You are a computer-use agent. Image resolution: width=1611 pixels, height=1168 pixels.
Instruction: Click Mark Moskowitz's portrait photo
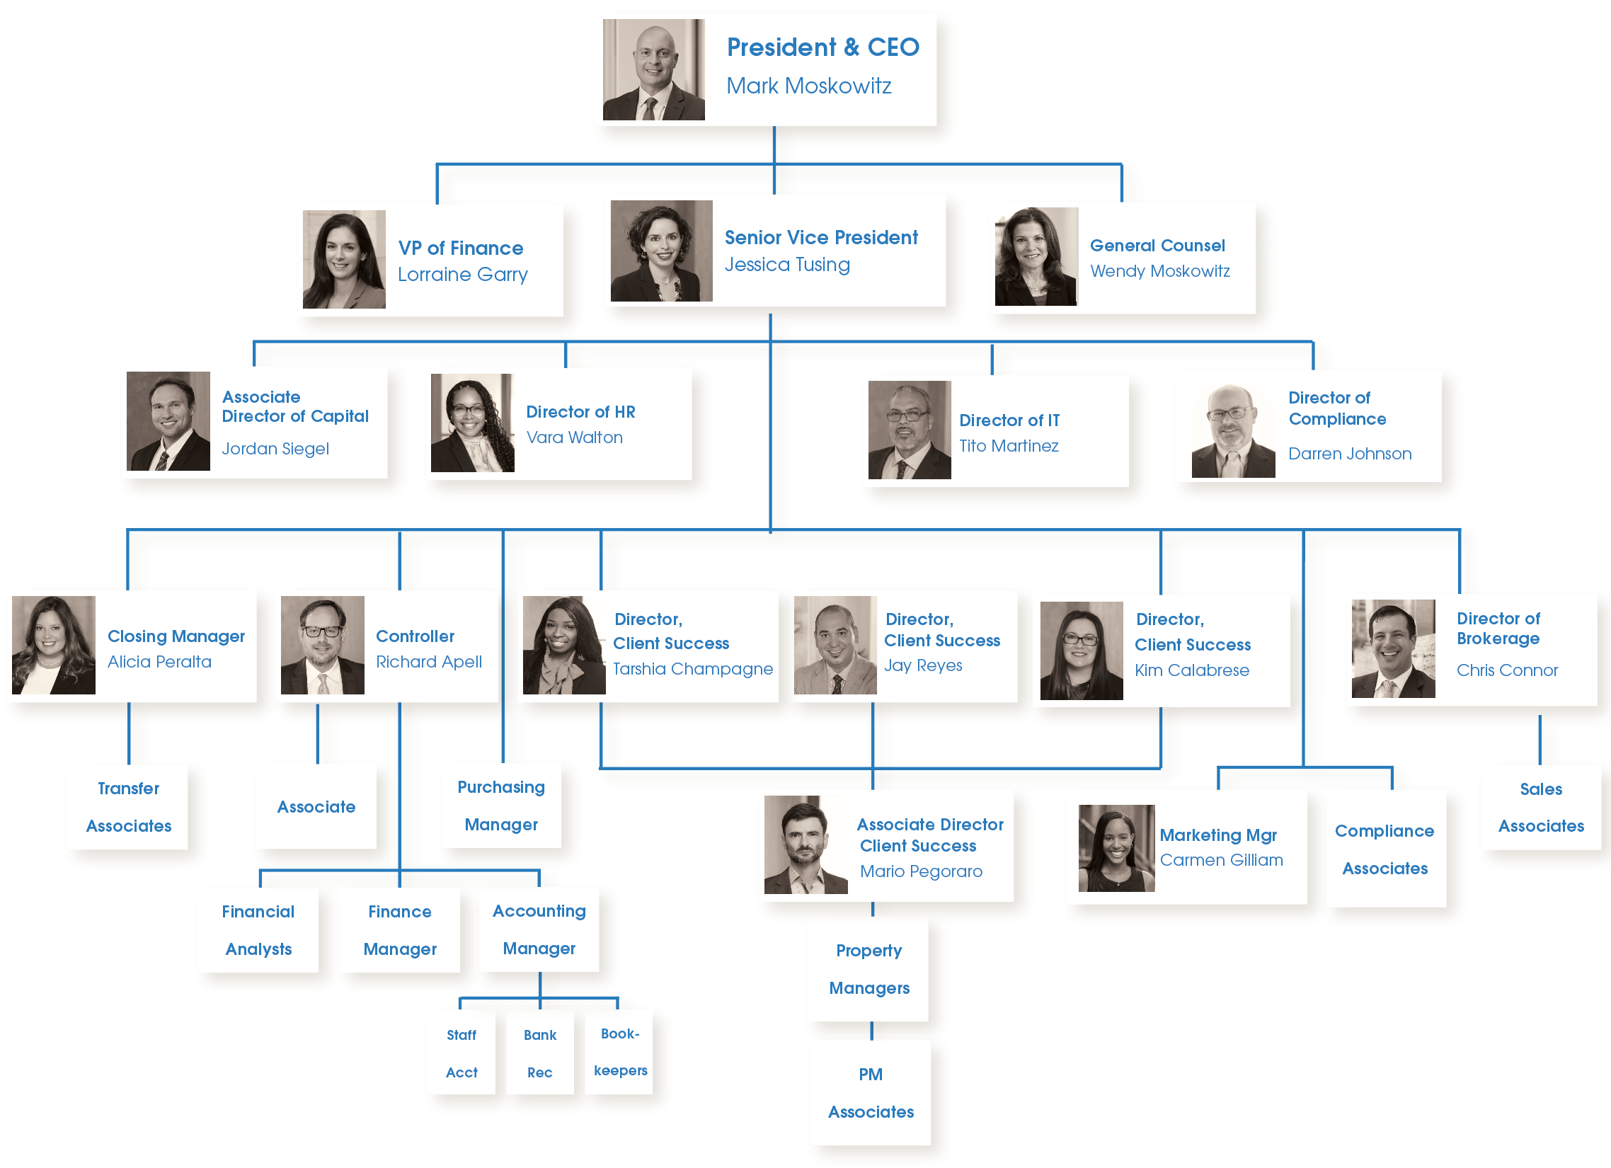(653, 69)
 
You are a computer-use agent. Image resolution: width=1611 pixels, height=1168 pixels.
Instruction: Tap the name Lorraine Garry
(462, 274)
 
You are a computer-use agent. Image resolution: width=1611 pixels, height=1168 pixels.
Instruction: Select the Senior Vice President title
(820, 237)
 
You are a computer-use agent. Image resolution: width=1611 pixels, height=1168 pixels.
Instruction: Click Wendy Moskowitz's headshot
(1036, 256)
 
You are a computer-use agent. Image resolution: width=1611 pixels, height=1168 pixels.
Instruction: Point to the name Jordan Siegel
(275, 448)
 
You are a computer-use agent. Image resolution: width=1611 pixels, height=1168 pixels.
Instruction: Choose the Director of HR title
(580, 412)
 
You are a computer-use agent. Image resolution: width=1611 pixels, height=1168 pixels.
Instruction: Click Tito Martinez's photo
(910, 430)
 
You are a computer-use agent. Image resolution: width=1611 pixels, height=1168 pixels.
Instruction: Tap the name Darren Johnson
(1350, 453)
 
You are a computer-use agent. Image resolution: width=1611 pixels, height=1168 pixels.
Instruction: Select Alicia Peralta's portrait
(54, 645)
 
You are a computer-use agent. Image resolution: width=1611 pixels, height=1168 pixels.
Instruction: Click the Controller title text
(415, 636)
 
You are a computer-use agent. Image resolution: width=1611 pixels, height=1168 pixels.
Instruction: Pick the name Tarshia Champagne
(692, 668)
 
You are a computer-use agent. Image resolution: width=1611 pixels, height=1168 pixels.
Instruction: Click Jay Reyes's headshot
(835, 645)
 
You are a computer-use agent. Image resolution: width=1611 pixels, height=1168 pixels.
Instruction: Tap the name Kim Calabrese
(1191, 670)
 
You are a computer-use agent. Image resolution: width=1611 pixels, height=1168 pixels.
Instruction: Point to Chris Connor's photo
(1393, 648)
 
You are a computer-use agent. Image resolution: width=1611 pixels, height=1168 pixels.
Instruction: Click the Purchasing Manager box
(500, 806)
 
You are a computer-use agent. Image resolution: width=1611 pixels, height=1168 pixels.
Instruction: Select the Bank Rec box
(540, 1053)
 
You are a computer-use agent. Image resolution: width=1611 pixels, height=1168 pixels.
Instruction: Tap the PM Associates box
(871, 1093)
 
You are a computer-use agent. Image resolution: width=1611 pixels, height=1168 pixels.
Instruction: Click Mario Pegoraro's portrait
(805, 844)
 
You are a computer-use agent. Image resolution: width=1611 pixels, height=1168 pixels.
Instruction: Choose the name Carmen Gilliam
(1221, 859)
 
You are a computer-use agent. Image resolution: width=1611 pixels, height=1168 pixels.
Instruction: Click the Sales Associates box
(1541, 807)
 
